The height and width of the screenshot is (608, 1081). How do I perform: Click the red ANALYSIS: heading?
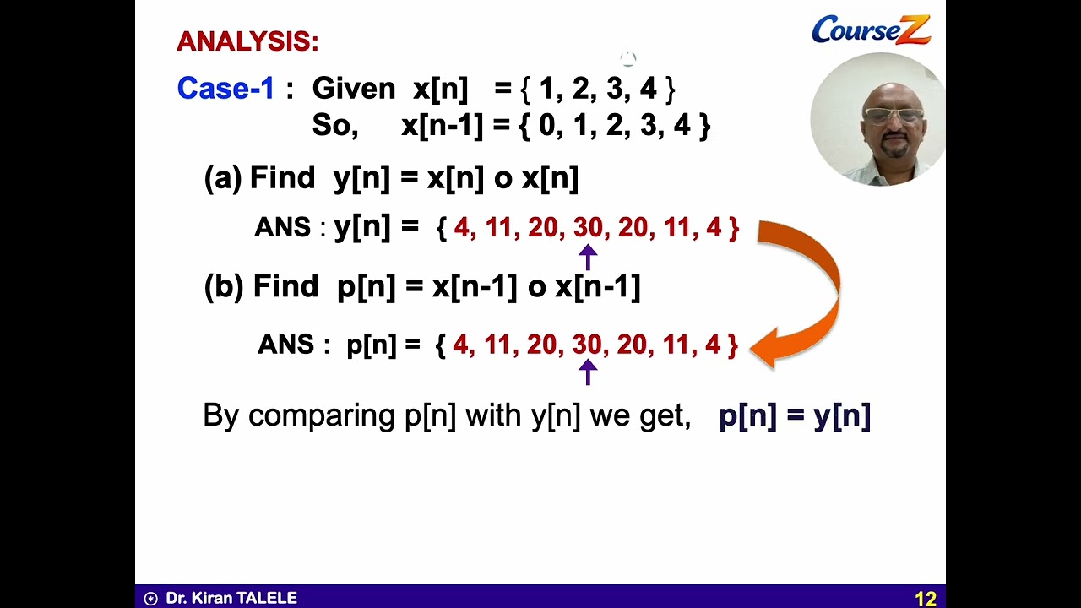point(247,41)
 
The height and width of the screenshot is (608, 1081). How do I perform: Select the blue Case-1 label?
point(225,89)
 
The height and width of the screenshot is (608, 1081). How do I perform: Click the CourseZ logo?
point(871,30)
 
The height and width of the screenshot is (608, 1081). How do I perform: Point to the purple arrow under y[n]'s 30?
point(588,256)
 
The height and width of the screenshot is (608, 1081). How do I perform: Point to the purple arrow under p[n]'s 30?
point(588,372)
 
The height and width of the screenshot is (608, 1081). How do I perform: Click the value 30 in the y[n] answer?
point(588,228)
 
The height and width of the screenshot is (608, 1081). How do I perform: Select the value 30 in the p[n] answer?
point(587,345)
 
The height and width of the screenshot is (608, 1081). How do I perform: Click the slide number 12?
point(925,599)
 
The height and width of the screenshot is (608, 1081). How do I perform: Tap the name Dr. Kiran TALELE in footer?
point(231,598)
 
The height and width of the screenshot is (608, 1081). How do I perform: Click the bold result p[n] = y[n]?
point(794,415)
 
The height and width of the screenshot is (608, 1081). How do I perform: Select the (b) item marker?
point(224,287)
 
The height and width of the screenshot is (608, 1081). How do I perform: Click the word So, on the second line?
point(334,126)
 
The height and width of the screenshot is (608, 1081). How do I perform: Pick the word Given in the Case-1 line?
point(353,89)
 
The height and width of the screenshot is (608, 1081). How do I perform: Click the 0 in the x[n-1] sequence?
point(547,126)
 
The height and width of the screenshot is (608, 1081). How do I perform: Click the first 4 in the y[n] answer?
point(461,228)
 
